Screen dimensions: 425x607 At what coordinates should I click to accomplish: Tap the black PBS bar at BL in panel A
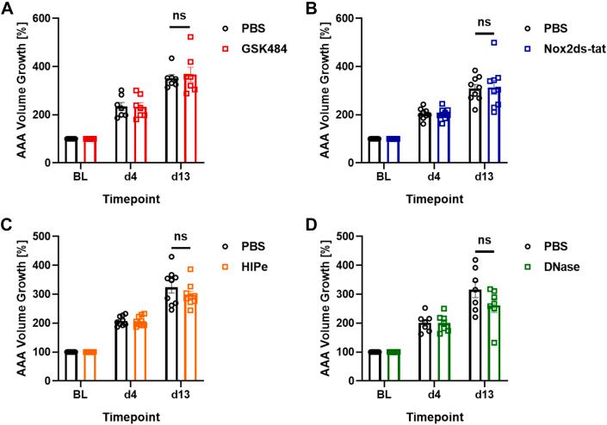click(71, 151)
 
